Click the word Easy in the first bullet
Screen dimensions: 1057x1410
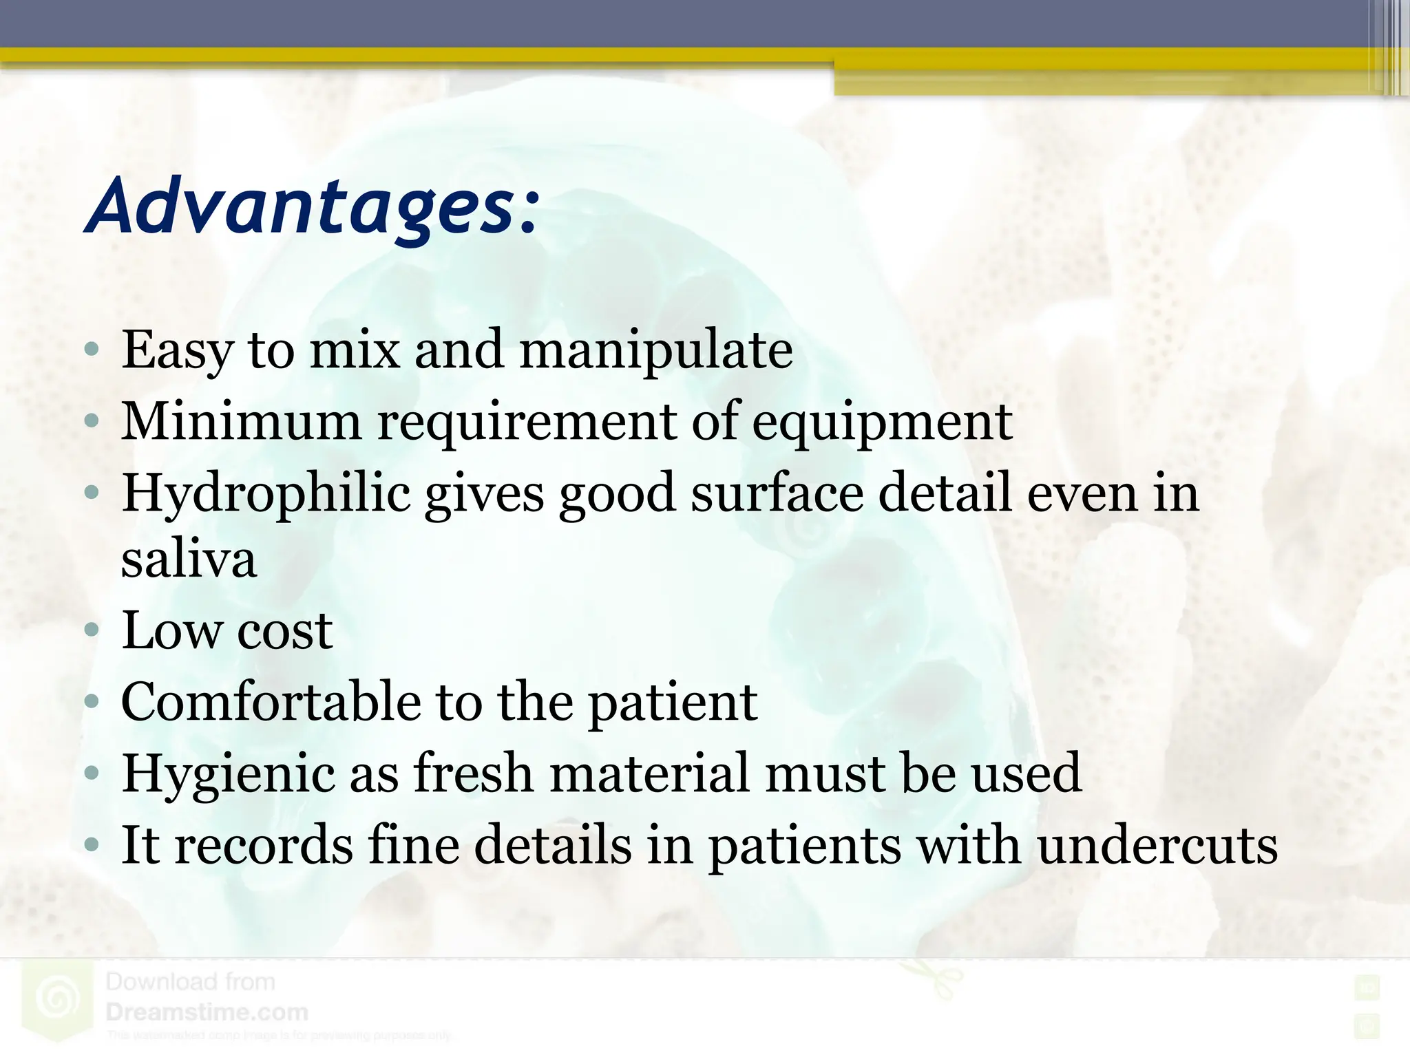tap(177, 351)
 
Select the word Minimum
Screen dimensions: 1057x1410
tap(241, 421)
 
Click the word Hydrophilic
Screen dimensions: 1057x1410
tap(266, 494)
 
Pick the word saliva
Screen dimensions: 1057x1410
tap(189, 560)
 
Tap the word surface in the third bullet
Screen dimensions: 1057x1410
tap(777, 494)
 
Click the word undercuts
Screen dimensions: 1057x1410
tap(1157, 845)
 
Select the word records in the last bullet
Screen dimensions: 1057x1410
tap(264, 845)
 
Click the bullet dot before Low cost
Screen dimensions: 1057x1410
tap(92, 630)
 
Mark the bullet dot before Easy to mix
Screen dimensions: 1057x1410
tap(92, 350)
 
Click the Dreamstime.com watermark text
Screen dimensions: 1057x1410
tap(207, 1012)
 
